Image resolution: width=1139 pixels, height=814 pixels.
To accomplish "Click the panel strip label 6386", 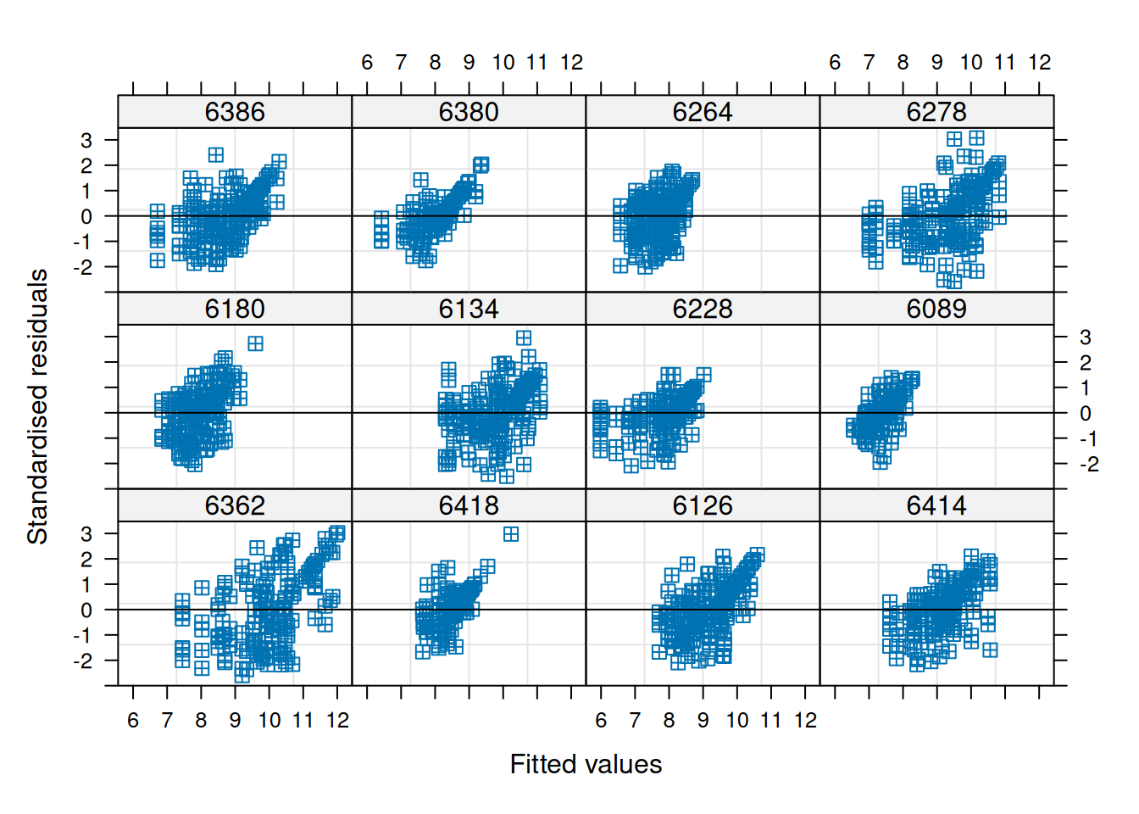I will (x=235, y=112).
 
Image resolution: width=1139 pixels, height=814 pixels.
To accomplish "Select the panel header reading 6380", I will (x=469, y=112).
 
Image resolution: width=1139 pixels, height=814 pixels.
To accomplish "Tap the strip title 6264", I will (x=703, y=112).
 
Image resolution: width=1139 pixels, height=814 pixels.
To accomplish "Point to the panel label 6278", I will (x=936, y=112).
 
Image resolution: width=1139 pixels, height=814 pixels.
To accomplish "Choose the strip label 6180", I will (x=235, y=309).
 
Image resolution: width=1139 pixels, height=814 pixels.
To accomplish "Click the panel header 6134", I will (x=469, y=309).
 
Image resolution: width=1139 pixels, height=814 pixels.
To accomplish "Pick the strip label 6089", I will (x=936, y=309).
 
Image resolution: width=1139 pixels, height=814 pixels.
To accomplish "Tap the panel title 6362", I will (x=235, y=505).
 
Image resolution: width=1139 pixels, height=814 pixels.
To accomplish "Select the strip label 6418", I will (x=469, y=505).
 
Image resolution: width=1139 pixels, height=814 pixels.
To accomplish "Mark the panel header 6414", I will (x=936, y=505).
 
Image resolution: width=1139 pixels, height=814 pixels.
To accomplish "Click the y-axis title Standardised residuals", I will (x=37, y=407).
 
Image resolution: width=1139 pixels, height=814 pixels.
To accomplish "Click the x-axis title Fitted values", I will (x=586, y=764).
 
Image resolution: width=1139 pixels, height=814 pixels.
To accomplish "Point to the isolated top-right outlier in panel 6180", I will (x=255, y=343).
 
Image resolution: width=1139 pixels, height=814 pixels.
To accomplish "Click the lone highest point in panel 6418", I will (x=511, y=534).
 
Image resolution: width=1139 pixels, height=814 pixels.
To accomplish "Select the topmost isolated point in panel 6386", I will (x=216, y=154).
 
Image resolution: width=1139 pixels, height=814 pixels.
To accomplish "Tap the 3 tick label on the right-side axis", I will (x=1085, y=337).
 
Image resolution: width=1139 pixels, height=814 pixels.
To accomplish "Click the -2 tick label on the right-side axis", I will (x=1088, y=464).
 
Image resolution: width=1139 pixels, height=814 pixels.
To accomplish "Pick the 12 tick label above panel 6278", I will (x=1039, y=62).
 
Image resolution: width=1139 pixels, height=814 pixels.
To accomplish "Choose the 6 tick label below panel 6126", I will (x=601, y=720).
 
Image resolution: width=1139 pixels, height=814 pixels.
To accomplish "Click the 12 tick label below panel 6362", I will (x=337, y=720).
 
